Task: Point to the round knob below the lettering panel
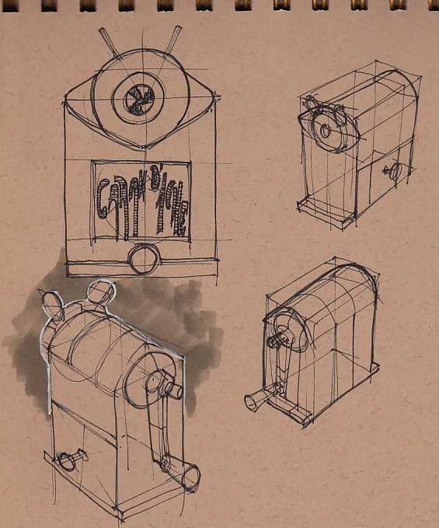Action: (x=144, y=259)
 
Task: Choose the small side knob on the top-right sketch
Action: (x=391, y=172)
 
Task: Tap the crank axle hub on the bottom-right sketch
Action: (x=278, y=339)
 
